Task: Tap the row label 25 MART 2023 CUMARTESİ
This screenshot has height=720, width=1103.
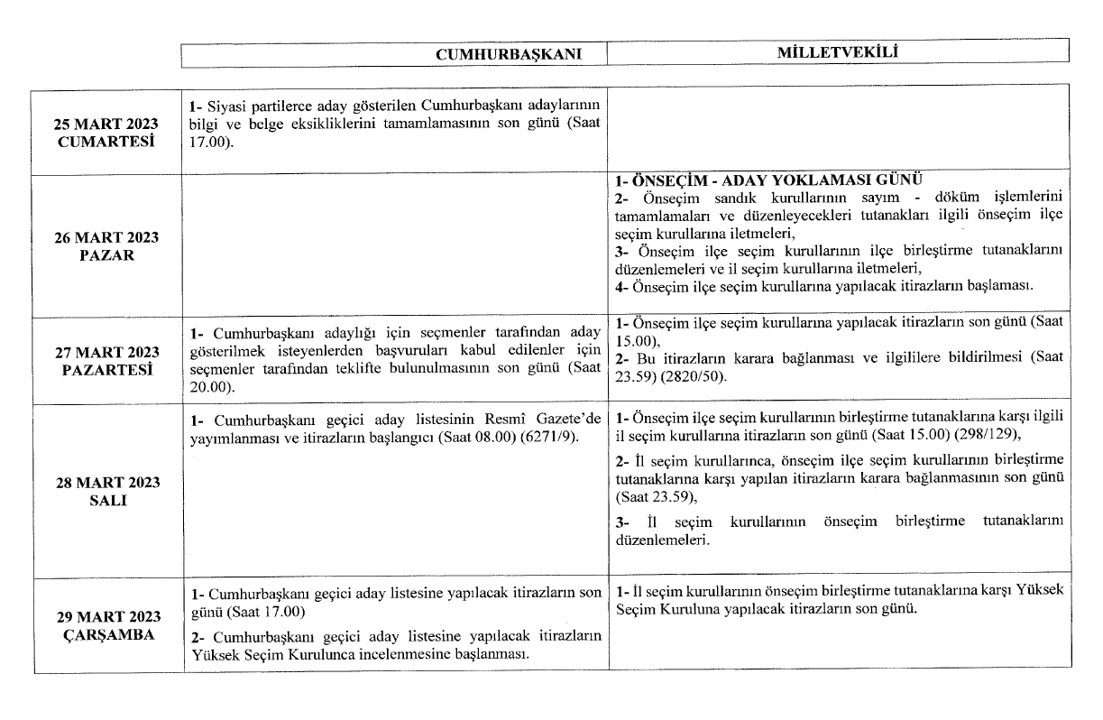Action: click(106, 133)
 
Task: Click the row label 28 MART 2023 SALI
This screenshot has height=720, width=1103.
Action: click(106, 492)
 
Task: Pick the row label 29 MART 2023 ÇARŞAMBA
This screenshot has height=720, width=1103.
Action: click(106, 625)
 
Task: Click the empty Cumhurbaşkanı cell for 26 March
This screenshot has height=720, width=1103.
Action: click(394, 244)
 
